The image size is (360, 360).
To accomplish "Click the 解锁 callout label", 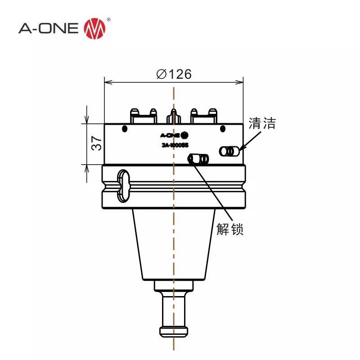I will click(x=230, y=229).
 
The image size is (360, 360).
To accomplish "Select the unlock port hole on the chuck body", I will click(x=198, y=159).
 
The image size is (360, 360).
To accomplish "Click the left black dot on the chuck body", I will click(x=125, y=130).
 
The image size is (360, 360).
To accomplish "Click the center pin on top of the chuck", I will click(x=174, y=116).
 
